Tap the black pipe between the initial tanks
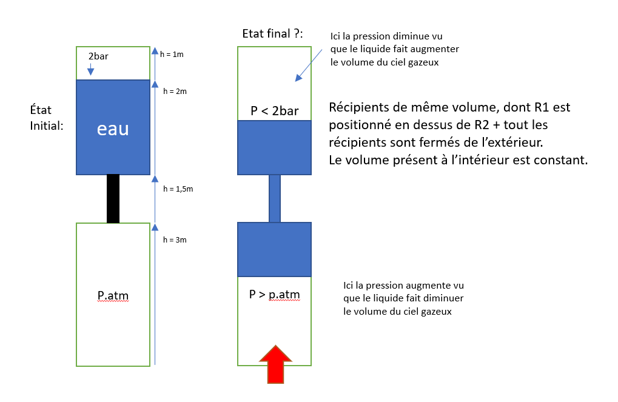113,198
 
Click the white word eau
113,129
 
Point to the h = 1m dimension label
173,54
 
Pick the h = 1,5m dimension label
178,189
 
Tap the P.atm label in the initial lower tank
113,296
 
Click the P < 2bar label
274,111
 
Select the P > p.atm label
275,295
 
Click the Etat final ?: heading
272,33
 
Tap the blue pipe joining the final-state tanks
275,198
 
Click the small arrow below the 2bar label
90,70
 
